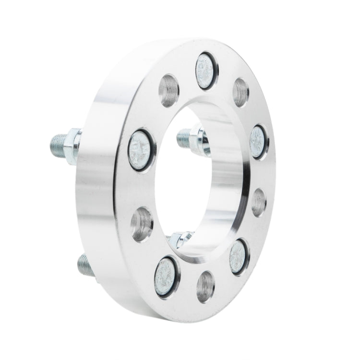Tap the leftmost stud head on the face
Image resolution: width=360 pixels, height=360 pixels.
coord(141,150)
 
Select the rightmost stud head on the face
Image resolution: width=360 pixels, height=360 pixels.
coord(259,142)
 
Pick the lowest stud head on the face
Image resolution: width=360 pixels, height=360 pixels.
coord(166,276)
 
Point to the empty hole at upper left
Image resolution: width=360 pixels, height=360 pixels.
coord(168,91)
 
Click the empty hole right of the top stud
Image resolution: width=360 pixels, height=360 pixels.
coord(240,91)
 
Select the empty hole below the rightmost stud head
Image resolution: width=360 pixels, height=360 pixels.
coord(259,202)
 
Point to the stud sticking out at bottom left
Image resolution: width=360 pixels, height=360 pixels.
coord(84,264)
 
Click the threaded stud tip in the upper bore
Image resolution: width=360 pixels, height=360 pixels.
coord(184,139)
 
